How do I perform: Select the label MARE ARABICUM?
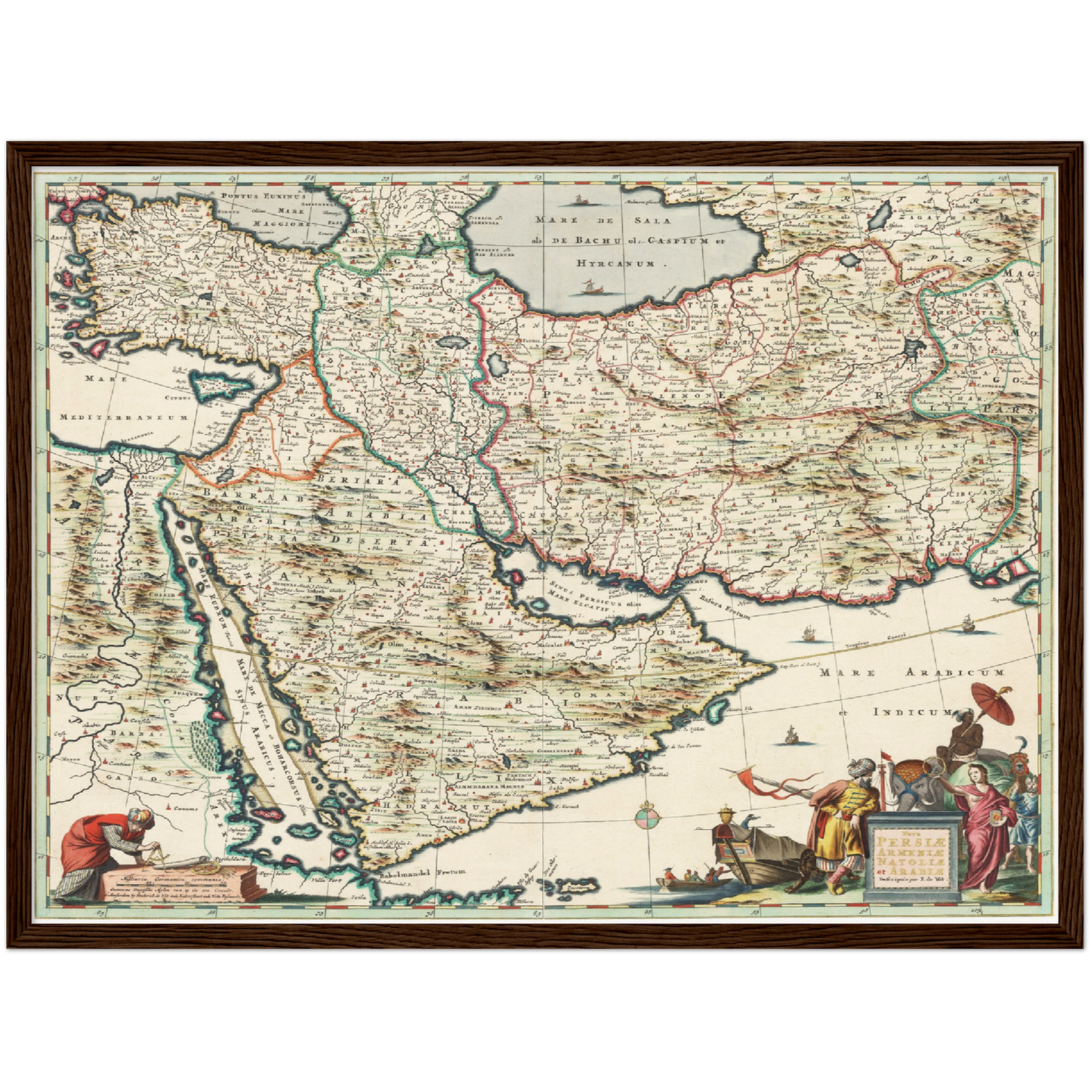(x=913, y=672)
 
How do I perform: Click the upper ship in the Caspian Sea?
(x=579, y=200)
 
